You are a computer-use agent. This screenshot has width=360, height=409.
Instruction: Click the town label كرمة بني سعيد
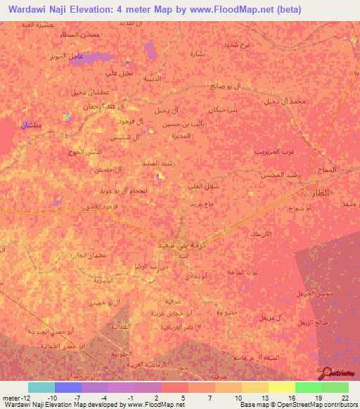click(x=181, y=242)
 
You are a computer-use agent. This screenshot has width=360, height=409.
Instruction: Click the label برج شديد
click(x=255, y=45)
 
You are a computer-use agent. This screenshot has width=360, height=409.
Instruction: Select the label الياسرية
click(x=108, y=280)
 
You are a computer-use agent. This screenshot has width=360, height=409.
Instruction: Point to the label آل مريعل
click(x=269, y=318)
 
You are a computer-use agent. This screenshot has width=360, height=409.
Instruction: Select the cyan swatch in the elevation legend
click(x=41, y=387)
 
